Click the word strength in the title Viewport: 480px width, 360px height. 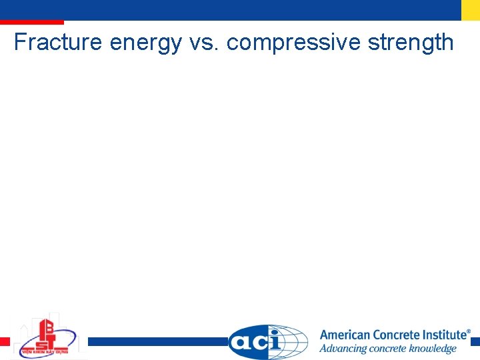[x=410, y=43]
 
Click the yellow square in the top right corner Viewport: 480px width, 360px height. [x=471, y=10]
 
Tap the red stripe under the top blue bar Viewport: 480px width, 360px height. [x=32, y=23]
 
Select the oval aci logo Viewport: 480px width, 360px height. [x=257, y=342]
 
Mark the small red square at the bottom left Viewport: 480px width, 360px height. [x=5, y=341]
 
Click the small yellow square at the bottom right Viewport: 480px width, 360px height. [x=475, y=341]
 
